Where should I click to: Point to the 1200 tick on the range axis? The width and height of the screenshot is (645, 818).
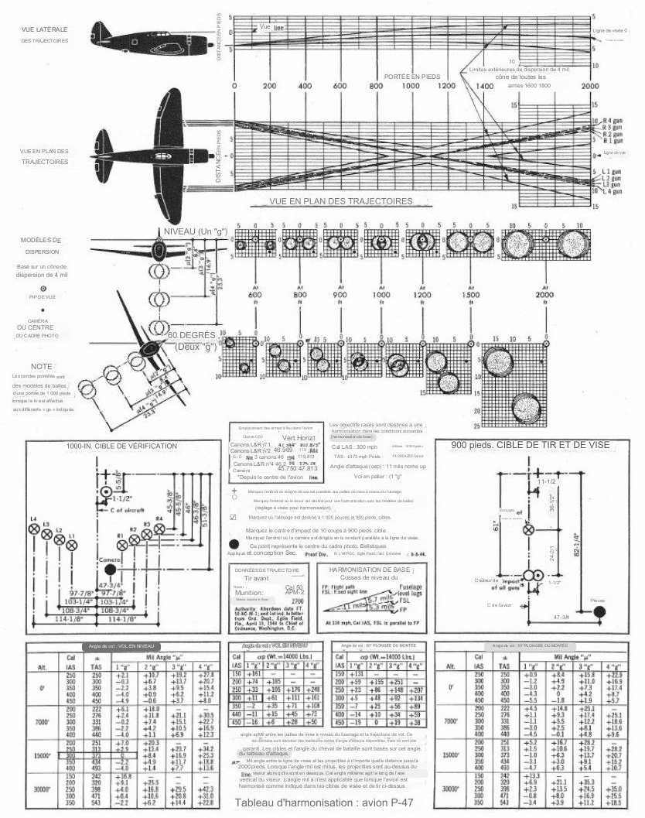tap(446, 86)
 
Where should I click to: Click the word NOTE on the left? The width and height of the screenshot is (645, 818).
tap(42, 365)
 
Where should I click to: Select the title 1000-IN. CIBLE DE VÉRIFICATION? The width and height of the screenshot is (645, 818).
tap(121, 447)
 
